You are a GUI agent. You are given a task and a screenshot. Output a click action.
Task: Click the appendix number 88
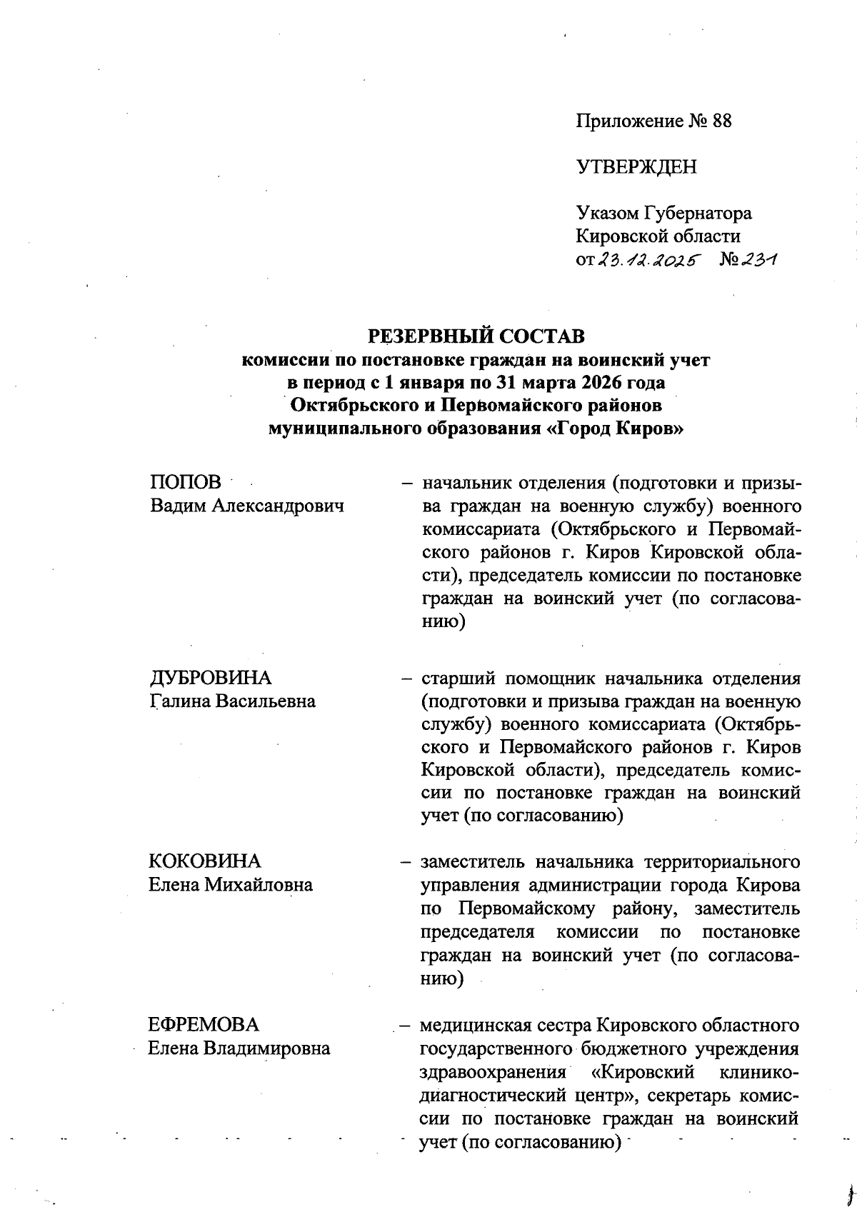pos(721,121)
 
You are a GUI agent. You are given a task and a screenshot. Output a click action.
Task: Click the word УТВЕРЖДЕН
pos(636,167)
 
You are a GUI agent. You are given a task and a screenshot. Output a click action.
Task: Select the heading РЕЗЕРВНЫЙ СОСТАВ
pos(476,336)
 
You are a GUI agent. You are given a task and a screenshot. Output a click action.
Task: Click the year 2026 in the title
pos(586,382)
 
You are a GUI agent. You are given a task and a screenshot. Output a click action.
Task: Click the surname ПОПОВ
pos(186,483)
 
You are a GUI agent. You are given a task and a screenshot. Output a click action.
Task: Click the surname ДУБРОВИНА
pos(211,678)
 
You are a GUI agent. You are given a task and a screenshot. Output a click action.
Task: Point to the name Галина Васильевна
pos(233,701)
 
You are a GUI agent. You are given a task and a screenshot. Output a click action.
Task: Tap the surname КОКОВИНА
pos(205,861)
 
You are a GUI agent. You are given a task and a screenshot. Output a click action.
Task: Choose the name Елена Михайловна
pos(231,884)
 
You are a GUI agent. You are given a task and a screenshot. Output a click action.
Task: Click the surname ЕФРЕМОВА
pos(204,1025)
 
